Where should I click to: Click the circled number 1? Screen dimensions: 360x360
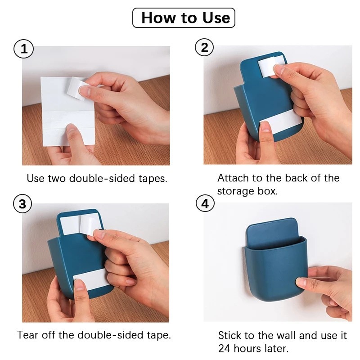click(24, 49)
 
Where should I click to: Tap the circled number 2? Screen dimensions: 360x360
click(204, 48)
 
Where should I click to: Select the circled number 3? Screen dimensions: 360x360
click(22, 204)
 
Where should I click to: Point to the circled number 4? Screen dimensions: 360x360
click(205, 203)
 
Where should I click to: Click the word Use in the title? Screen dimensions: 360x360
click(216, 18)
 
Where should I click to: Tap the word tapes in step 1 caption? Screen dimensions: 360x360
click(153, 178)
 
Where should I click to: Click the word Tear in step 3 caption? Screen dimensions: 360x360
click(27, 335)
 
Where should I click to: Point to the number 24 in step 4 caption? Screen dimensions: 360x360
click(225, 348)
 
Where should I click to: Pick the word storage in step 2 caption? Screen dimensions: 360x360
click(236, 192)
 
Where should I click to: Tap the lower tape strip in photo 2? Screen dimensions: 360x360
click(281, 122)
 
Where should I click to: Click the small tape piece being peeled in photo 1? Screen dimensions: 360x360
click(76, 89)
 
